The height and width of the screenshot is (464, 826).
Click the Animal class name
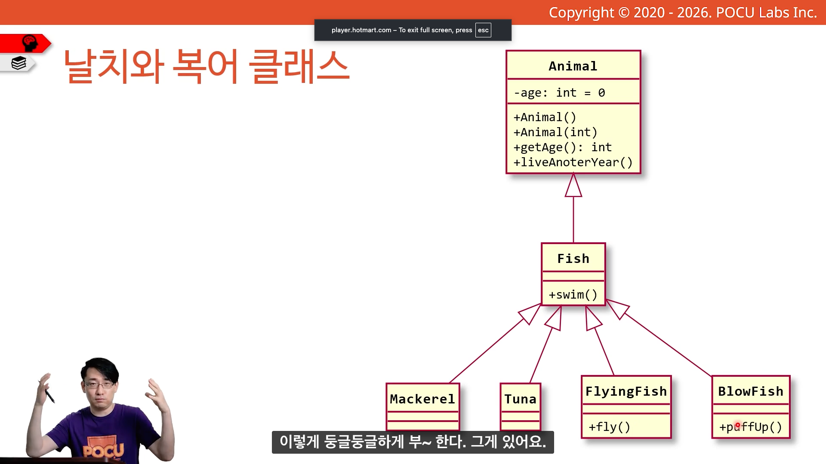pyautogui.click(x=573, y=66)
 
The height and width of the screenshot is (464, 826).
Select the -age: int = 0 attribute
pyautogui.click(x=559, y=93)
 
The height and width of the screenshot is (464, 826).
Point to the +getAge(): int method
pyautogui.click(x=562, y=147)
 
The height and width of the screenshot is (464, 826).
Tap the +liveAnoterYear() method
pyautogui.click(x=573, y=162)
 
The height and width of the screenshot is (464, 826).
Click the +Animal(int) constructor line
pyautogui.click(x=555, y=132)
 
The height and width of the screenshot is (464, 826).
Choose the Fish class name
pyautogui.click(x=573, y=259)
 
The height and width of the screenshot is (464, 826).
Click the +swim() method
pyautogui.click(x=573, y=295)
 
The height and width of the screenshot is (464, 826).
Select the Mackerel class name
pyautogui.click(x=422, y=399)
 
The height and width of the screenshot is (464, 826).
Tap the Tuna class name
pyautogui.click(x=520, y=399)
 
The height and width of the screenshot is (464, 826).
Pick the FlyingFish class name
pyautogui.click(x=626, y=391)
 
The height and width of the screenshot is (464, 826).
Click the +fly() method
pyautogui.click(x=609, y=427)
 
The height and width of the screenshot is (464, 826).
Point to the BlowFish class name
pyautogui.click(x=751, y=391)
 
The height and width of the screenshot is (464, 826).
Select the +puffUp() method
pyautogui.click(x=751, y=427)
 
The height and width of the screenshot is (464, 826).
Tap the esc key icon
pyautogui.click(x=483, y=30)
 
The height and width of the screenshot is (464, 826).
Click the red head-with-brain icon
pyautogui.click(x=30, y=43)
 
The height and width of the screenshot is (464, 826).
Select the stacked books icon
pyautogui.click(x=19, y=63)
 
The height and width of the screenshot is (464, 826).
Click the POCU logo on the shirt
pyautogui.click(x=103, y=450)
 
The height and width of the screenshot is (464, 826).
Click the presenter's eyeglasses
pyautogui.click(x=100, y=384)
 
